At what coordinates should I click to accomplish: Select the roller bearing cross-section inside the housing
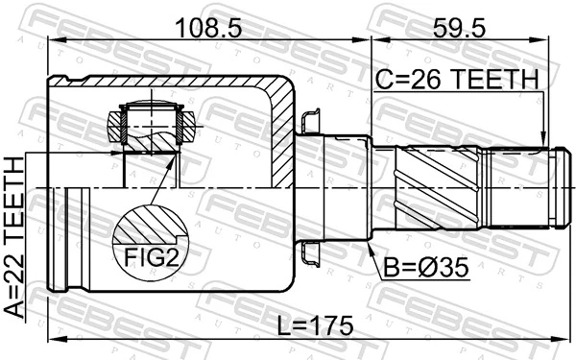point(149,125)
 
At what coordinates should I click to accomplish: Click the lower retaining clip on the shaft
point(310,252)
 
